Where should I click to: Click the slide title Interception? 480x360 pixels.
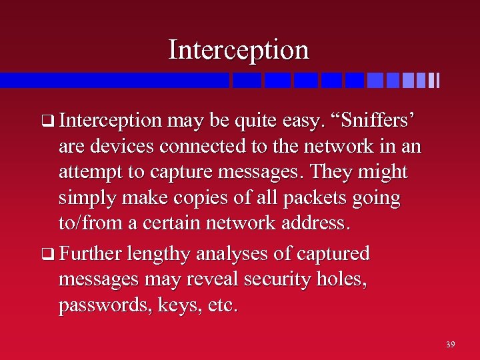coord(239,49)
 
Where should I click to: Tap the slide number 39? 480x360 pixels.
coord(451,345)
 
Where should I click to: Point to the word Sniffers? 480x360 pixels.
coord(379,120)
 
